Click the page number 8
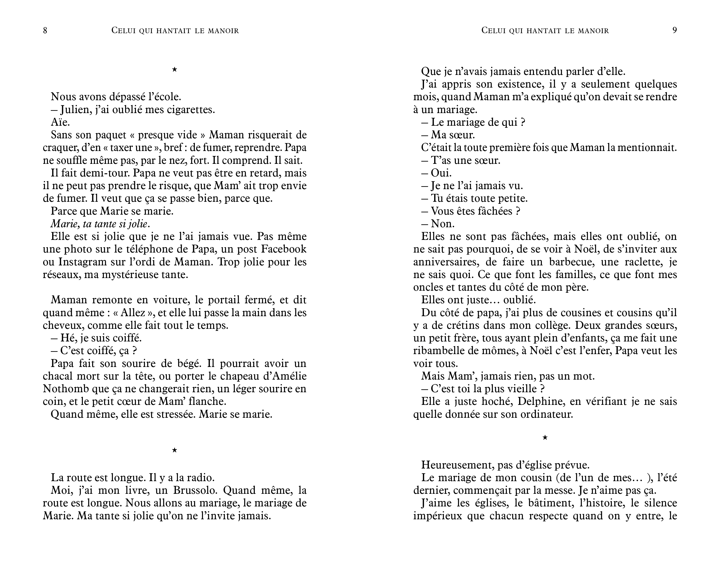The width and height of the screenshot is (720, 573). point(45,31)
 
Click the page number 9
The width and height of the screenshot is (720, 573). point(675,31)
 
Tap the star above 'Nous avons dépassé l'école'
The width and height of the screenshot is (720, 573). point(174,70)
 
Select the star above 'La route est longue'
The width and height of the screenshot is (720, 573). point(174,450)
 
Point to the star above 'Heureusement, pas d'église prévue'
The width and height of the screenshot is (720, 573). point(545,438)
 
